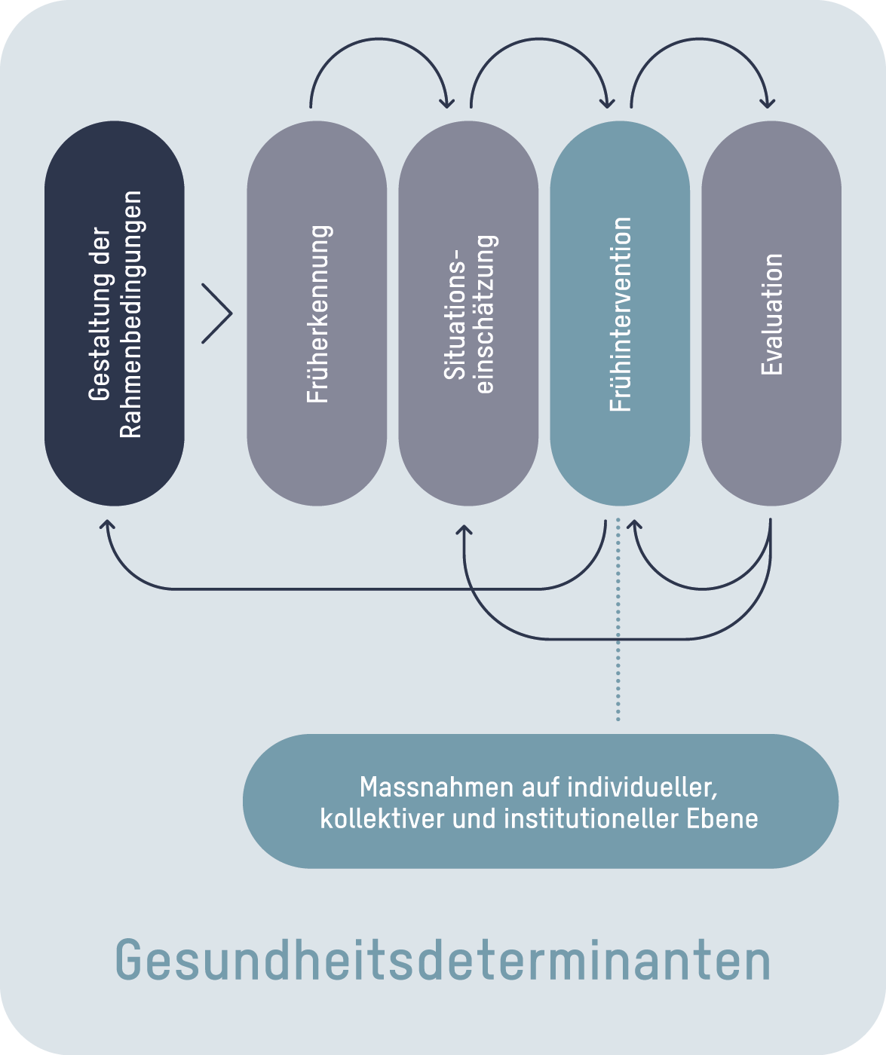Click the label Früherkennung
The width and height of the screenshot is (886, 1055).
click(317, 313)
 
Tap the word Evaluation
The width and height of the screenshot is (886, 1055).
click(771, 313)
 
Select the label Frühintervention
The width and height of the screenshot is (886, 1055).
click(620, 313)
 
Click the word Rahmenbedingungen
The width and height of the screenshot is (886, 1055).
click(130, 313)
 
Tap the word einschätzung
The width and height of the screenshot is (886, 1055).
click(485, 313)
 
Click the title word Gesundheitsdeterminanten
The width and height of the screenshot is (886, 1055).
click(443, 959)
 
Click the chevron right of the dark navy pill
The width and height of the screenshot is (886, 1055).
click(218, 313)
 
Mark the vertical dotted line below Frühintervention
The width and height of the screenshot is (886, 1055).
click(618, 618)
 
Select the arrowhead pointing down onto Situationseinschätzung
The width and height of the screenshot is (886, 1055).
click(449, 101)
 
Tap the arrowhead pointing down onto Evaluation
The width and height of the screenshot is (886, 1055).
click(768, 101)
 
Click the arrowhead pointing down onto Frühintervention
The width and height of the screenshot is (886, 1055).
click(608, 101)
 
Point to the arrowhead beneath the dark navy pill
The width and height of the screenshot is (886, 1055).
click(108, 525)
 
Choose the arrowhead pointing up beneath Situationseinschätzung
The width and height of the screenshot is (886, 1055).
click(464, 531)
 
